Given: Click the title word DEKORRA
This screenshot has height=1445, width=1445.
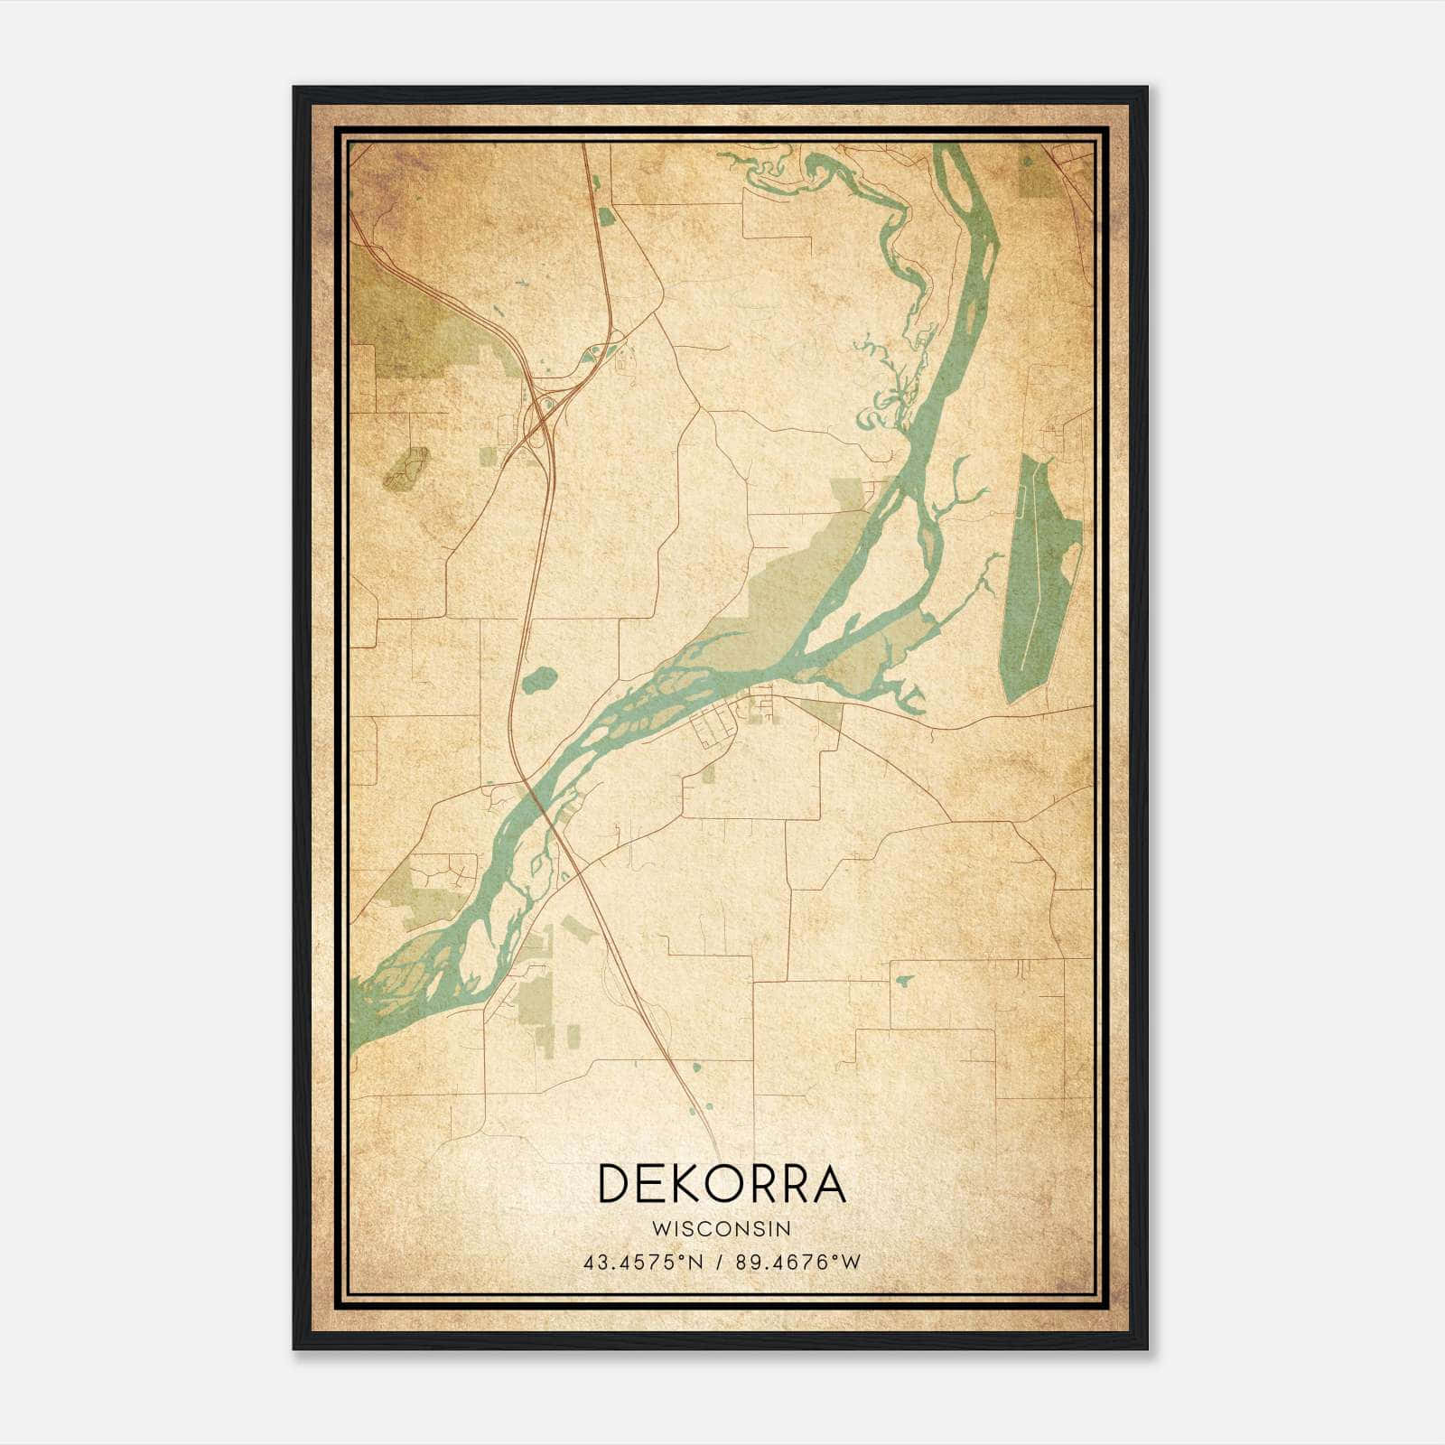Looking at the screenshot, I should [x=722, y=1184].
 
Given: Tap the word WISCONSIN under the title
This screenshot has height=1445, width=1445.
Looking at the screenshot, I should [x=722, y=1229].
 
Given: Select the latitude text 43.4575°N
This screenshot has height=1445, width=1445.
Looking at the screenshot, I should [x=642, y=1263].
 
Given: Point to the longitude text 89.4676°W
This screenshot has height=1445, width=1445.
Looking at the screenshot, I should [x=797, y=1263].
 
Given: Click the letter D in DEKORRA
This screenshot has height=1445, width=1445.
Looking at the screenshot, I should [x=615, y=1184].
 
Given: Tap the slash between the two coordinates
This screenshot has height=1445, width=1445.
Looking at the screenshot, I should [x=719, y=1263].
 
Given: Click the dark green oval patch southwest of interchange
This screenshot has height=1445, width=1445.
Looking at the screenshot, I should [x=406, y=468].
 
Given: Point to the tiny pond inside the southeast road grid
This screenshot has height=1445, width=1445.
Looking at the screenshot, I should [x=903, y=980].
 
